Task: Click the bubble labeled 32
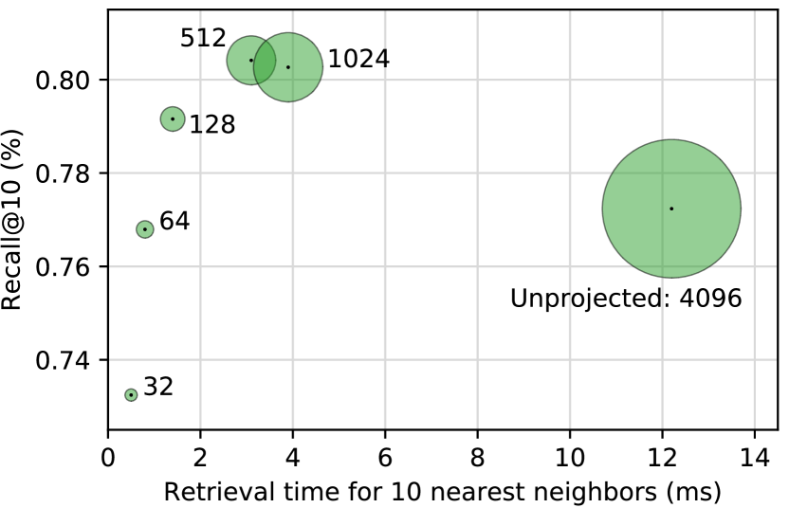131,394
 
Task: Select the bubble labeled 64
145,229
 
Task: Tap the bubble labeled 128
173,118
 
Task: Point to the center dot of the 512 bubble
251,60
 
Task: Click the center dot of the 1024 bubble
288,66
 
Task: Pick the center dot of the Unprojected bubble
671,209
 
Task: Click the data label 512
203,39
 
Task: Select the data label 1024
358,60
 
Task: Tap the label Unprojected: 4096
626,299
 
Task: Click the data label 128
212,124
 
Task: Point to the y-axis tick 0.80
64,81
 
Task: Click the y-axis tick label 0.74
64,361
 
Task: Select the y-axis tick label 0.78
64,174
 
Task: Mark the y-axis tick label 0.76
64,267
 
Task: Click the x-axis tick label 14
754,461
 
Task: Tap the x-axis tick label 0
108,461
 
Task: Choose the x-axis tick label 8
477,461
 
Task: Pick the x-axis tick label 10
569,461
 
